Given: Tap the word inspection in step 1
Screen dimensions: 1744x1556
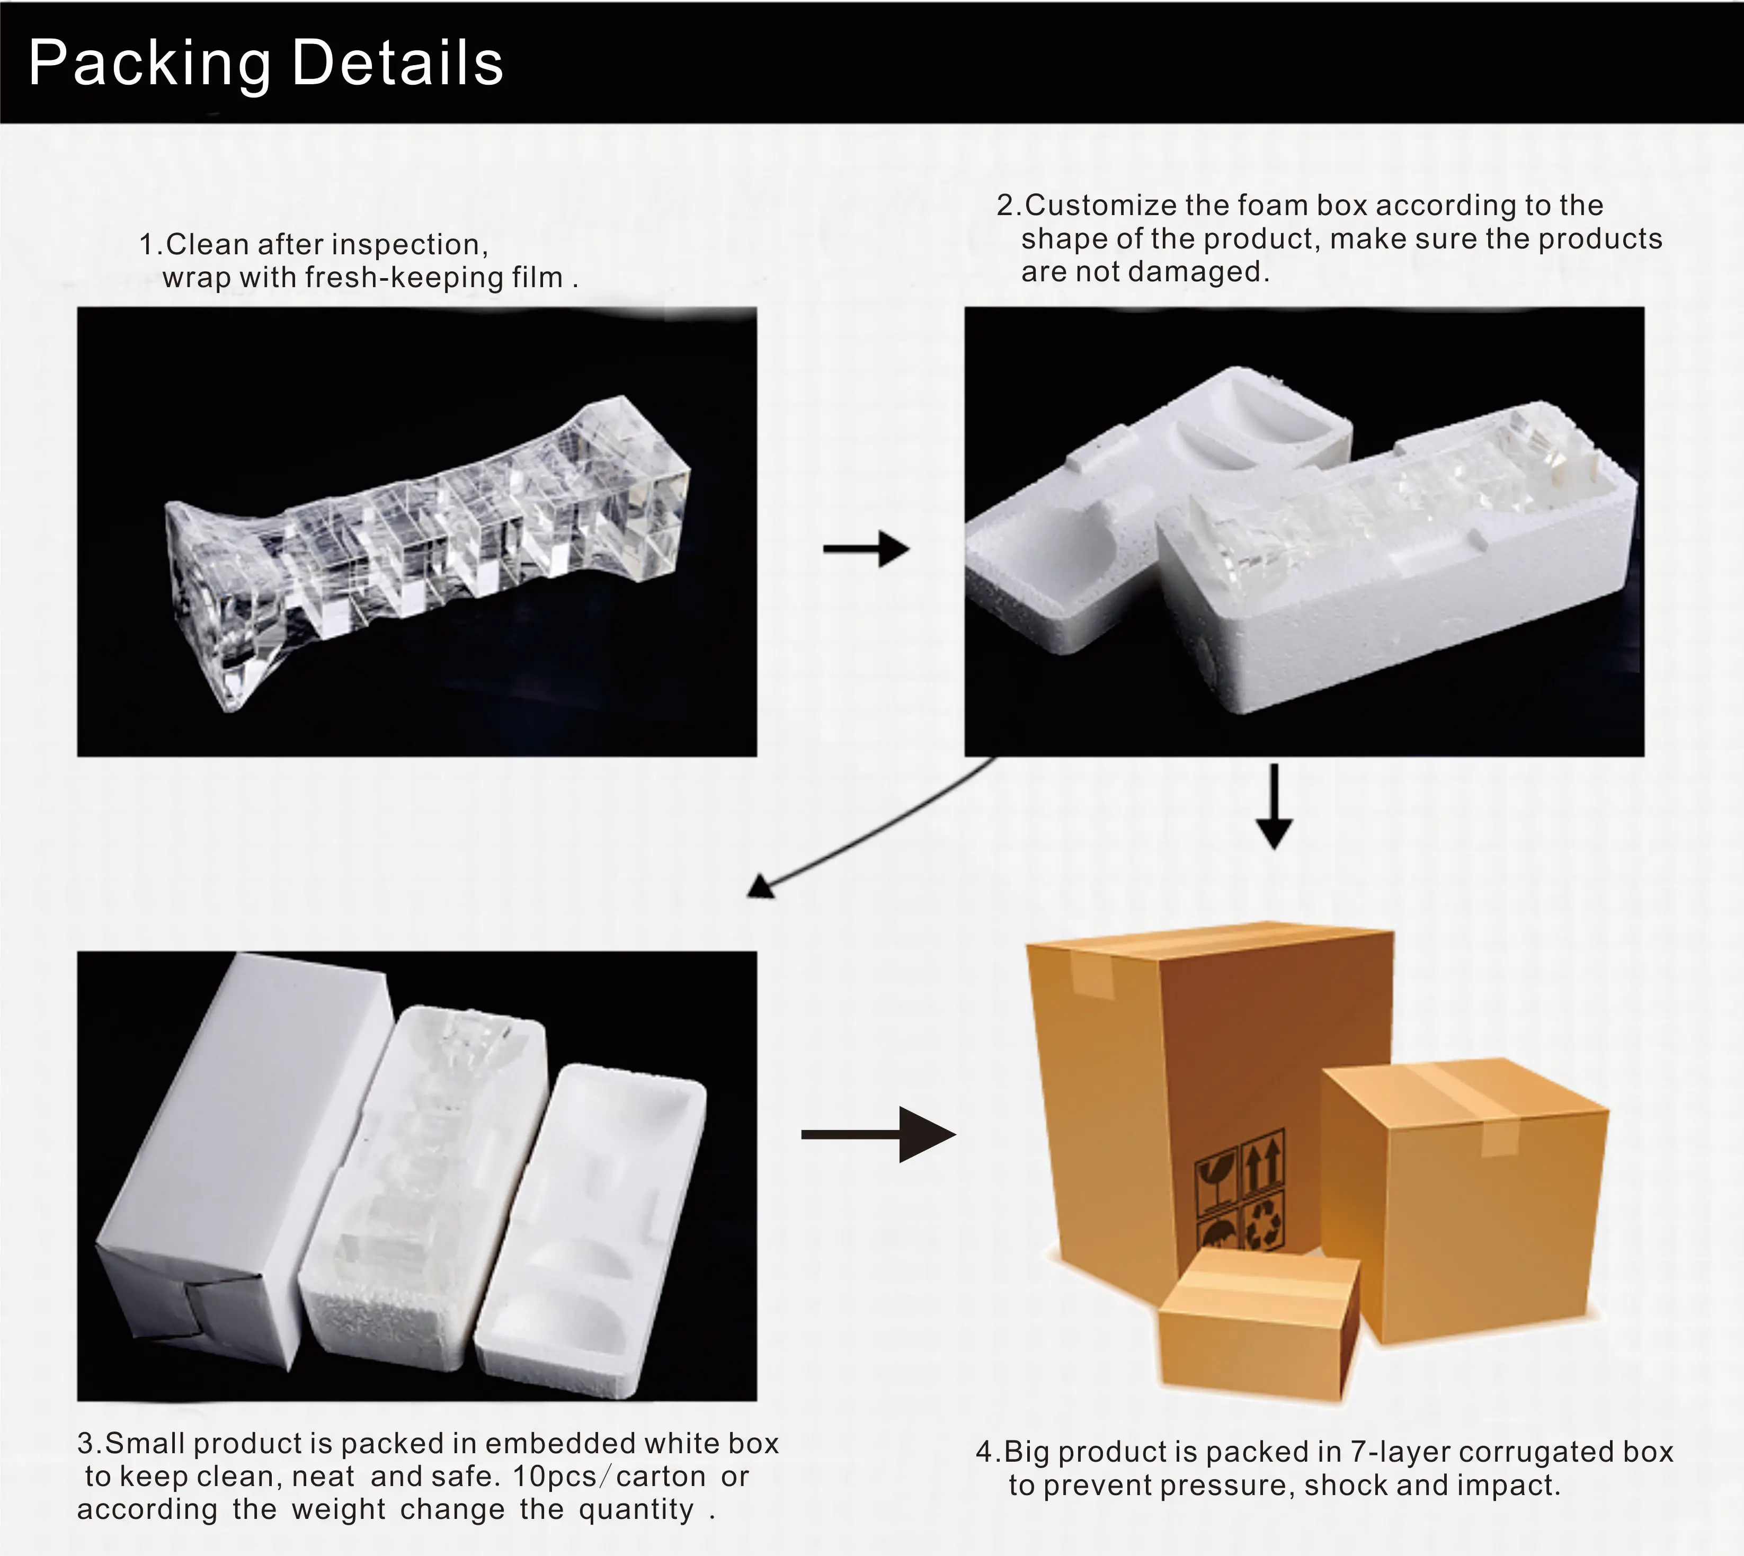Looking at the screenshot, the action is click(x=408, y=245).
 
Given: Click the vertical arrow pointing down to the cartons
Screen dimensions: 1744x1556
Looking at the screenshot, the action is click(x=1274, y=806).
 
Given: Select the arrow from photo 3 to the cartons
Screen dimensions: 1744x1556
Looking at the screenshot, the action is click(x=879, y=1134).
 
